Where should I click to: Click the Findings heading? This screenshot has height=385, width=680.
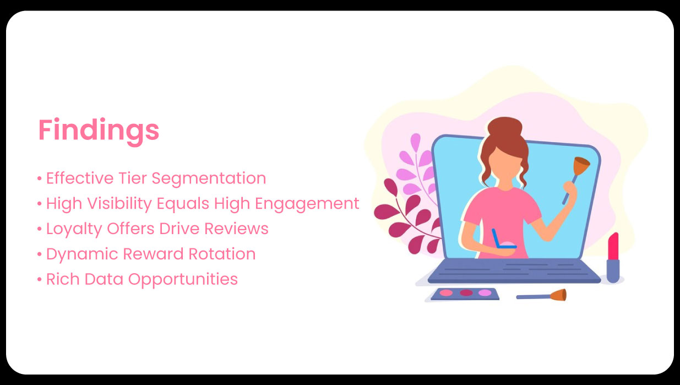coord(99,131)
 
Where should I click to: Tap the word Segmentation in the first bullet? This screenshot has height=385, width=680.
coord(209,179)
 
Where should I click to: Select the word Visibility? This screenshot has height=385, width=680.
coord(119,204)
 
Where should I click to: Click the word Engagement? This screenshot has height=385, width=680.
coord(307,204)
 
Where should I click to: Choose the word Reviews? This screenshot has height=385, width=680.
coord(236,229)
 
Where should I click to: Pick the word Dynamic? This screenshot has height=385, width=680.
coord(82,254)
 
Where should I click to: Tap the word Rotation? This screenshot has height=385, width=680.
coord(222,254)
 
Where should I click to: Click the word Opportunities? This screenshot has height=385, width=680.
coord(183,280)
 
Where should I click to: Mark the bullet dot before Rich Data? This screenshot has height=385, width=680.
coord(40,279)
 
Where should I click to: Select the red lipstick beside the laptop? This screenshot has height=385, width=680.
coord(613,257)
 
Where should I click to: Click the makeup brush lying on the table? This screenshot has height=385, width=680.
coord(541,295)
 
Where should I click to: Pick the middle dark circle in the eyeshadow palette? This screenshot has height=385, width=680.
coord(466,292)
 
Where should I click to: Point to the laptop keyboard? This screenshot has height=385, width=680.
coord(514,270)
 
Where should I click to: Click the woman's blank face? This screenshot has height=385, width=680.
coord(505,165)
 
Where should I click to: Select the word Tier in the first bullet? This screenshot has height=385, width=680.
coord(133,178)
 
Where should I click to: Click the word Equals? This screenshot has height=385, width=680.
coord(183,204)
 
